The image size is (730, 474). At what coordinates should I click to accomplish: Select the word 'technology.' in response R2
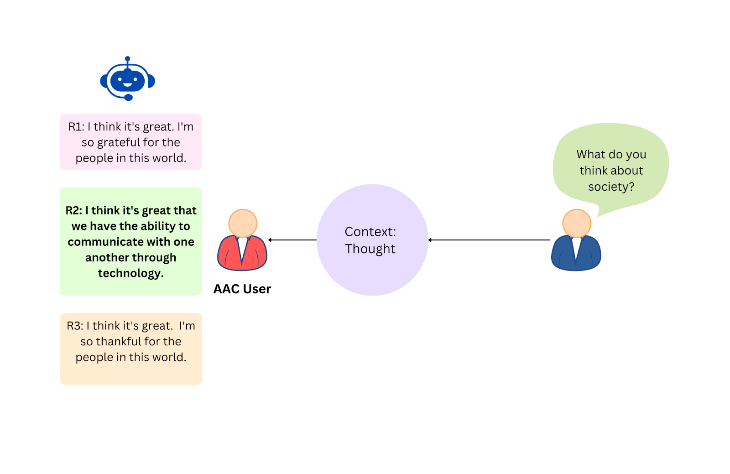[130, 273]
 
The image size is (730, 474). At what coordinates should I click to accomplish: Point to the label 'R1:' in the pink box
[76, 127]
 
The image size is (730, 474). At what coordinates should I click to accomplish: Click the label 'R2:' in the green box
[74, 210]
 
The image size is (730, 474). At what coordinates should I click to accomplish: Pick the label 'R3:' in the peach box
[75, 326]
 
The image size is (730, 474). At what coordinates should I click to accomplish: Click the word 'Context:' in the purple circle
[370, 232]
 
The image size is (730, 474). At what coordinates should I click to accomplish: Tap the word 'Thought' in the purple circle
[370, 249]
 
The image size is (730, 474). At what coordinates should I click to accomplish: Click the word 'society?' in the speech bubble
[611, 187]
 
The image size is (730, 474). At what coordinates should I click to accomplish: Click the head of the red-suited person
[243, 223]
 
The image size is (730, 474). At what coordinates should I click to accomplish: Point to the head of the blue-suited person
[577, 223]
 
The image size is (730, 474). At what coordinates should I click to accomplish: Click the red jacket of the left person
[228, 255]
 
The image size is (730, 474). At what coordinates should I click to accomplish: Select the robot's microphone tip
[129, 97]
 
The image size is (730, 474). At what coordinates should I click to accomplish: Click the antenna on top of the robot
[128, 59]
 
